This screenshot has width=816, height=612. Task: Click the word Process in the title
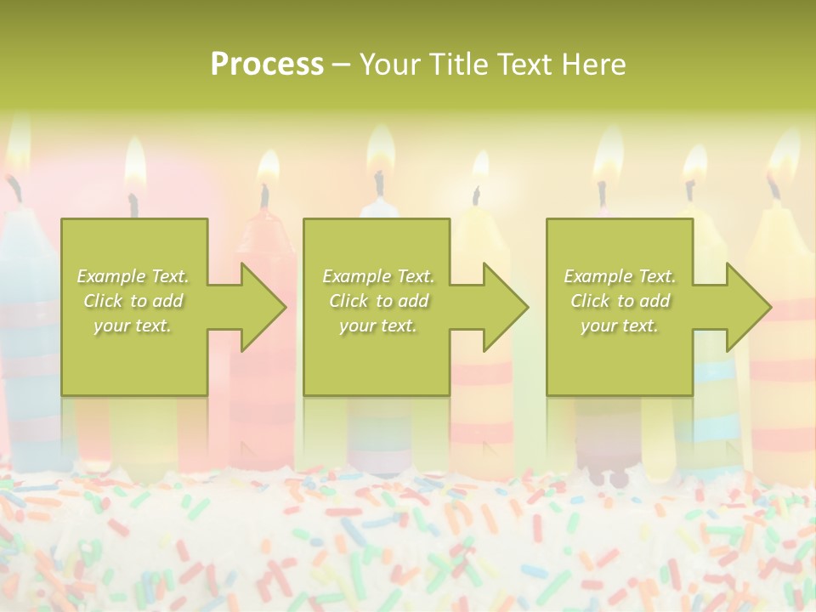(x=267, y=65)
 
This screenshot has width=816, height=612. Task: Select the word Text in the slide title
(x=524, y=65)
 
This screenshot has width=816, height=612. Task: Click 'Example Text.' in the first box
(x=133, y=276)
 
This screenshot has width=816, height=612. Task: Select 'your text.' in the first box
(x=133, y=326)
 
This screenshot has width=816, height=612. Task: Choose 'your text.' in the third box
(x=620, y=326)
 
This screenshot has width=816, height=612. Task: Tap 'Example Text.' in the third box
(x=620, y=276)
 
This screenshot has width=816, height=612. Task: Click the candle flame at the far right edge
(x=783, y=157)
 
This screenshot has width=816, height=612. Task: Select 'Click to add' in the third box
(x=620, y=301)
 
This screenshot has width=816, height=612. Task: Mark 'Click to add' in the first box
(x=133, y=301)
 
